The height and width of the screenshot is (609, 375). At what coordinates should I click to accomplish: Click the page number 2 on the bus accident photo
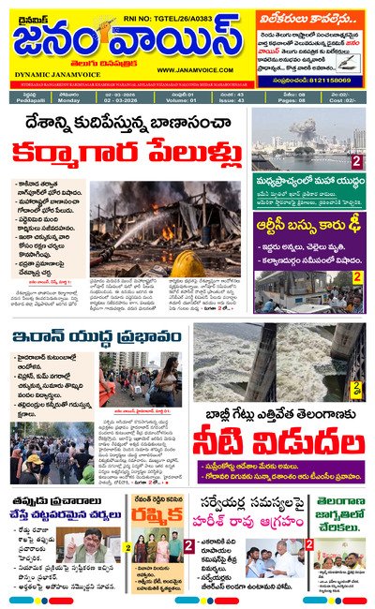pos(357,277)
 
